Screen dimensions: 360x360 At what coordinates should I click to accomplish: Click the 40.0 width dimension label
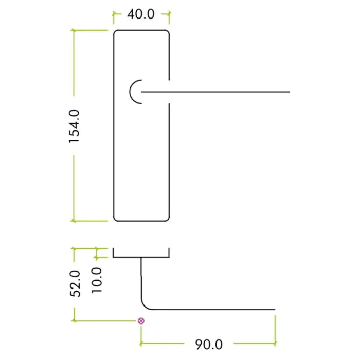click(x=141, y=14)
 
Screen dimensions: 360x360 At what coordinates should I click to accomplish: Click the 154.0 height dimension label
click(x=75, y=125)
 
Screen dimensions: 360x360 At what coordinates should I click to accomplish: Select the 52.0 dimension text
click(x=75, y=283)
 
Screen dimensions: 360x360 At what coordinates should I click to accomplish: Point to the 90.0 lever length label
click(x=208, y=343)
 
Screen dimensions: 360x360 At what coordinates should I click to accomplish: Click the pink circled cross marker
click(x=141, y=321)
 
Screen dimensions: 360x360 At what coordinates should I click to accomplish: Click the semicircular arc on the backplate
click(x=132, y=92)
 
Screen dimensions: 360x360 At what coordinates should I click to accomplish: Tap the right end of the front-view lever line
click(x=289, y=92)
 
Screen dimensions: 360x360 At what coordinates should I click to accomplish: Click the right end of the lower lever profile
click(x=275, y=310)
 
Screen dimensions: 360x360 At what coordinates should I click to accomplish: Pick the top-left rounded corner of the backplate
click(x=115, y=32)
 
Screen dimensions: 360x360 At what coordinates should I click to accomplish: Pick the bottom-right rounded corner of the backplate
click(x=167, y=219)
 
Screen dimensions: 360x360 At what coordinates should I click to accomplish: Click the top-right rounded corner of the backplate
click(x=167, y=32)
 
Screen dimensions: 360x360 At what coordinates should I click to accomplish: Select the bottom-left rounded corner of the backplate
click(x=115, y=219)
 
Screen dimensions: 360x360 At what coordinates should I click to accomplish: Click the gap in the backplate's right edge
click(x=169, y=92)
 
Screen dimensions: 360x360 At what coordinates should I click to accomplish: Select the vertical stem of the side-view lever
click(x=141, y=278)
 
